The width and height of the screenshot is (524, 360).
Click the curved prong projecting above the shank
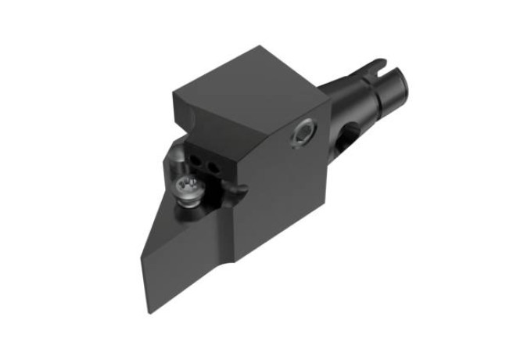pos(375,63)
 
